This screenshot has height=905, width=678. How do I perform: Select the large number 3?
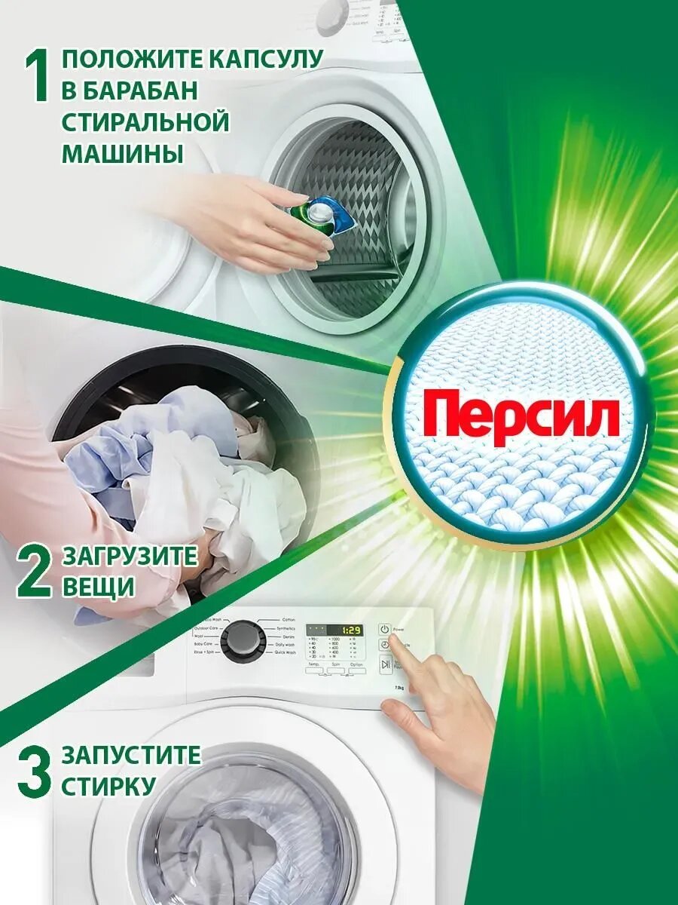pos(34,771)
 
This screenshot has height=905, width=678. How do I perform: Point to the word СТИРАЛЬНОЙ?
pos(145,121)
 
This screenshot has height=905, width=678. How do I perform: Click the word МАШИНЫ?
pos(122,153)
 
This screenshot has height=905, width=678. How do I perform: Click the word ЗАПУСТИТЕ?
pos(131,754)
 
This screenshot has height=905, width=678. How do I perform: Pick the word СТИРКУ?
pos(108,787)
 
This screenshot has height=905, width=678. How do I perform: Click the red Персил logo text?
pos(521,417)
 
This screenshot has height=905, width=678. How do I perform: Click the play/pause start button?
pos(385,664)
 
